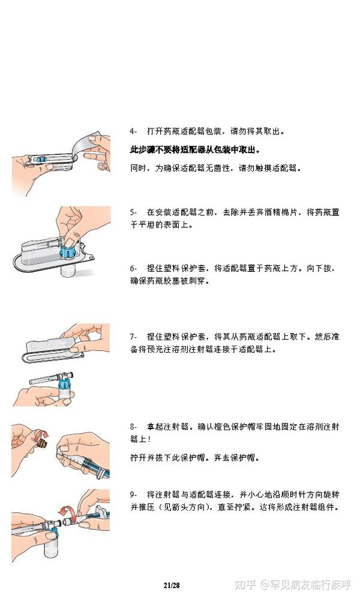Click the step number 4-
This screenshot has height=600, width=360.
coord(134,130)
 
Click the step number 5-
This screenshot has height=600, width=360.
coord(134,212)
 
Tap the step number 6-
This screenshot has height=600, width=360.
coord(134,268)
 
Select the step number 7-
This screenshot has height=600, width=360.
coord(134,337)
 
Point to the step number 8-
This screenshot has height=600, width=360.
coord(134,427)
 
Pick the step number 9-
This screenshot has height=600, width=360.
coord(134,494)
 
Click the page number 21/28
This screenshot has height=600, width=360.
coord(172,584)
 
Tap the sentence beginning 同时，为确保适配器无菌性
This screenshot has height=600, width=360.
coord(215,169)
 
